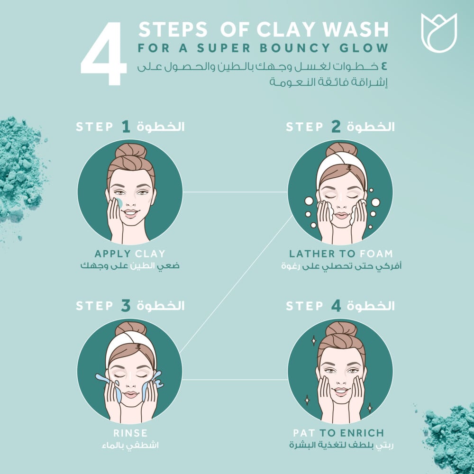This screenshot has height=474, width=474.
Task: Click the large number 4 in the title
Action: click(103, 53)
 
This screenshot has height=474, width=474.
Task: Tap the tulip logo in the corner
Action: click(438, 32)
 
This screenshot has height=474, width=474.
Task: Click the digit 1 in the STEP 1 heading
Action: click(125, 127)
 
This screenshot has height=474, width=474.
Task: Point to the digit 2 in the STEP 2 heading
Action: click(336, 127)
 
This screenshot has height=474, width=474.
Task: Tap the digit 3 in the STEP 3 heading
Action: click(125, 306)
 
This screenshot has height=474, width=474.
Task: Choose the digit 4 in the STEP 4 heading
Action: click(336, 306)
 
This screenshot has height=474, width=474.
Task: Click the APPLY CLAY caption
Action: click(130, 254)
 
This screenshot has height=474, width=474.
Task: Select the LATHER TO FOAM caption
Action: click(340, 254)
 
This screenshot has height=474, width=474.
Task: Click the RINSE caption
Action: click(130, 433)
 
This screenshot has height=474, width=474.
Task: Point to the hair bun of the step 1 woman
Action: click(130, 151)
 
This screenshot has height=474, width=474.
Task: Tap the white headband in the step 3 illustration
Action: click(130, 339)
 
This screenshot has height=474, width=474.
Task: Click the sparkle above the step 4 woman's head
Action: click(313, 340)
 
